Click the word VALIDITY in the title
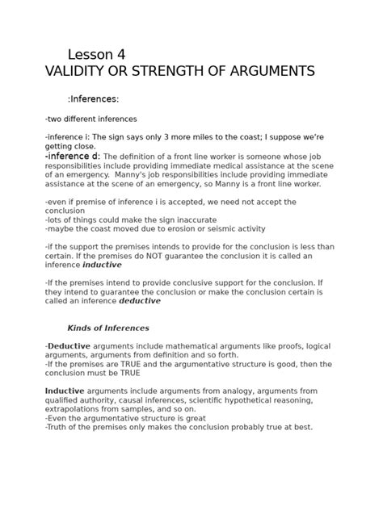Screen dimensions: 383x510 pyautogui.click(x=77, y=72)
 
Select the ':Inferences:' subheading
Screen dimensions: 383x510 pyautogui.click(x=93, y=99)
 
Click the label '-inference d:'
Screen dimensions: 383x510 pyautogui.click(x=73, y=156)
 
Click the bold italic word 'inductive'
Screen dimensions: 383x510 pyautogui.click(x=102, y=265)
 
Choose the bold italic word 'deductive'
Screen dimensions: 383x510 pyautogui.click(x=141, y=301)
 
